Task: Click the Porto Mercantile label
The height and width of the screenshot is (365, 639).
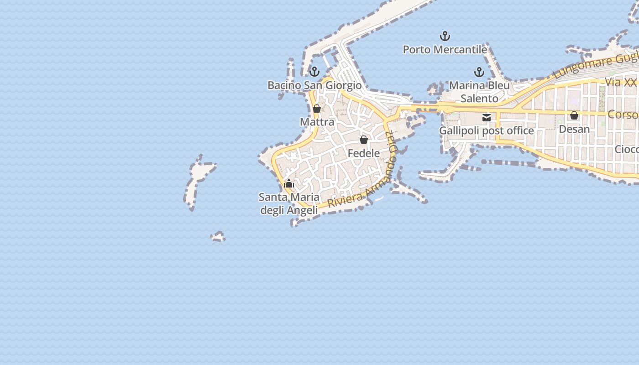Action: point(445,49)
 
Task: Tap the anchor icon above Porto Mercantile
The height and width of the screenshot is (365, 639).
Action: point(445,36)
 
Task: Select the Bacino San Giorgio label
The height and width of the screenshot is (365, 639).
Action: point(314,85)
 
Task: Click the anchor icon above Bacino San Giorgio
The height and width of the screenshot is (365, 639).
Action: point(314,72)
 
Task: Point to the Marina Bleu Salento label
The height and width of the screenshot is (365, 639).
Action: point(479,92)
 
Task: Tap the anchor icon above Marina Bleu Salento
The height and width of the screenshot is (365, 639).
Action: point(479,72)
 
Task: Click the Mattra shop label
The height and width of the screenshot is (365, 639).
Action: point(317,122)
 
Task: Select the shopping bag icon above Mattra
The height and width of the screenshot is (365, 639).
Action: point(317,109)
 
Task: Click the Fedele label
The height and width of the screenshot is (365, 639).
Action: point(364,153)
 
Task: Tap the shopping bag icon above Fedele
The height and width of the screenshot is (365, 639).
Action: point(364,140)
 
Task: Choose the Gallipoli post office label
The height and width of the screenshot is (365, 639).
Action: point(487,131)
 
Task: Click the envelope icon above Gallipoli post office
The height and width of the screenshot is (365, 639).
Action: point(487,118)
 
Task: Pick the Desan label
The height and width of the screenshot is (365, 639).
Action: point(574,129)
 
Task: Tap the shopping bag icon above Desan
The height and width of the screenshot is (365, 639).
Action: point(574,116)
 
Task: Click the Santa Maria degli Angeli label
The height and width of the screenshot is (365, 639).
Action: point(288,203)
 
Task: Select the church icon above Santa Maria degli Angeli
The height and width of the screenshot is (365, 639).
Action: point(288,184)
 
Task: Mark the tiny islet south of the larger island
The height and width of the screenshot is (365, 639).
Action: point(218,237)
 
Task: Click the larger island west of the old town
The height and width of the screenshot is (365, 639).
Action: point(197,180)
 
